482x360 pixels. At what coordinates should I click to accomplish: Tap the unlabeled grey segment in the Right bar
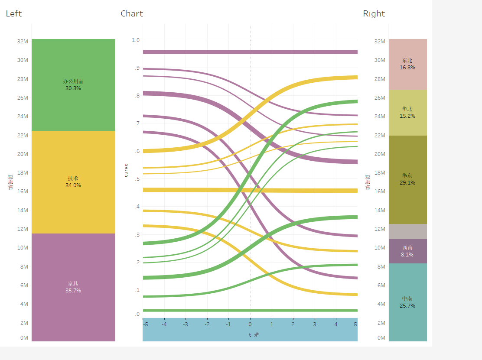tap(407, 231)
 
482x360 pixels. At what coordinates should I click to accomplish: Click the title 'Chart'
tap(132, 14)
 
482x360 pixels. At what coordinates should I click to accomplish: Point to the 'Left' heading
tap(13, 14)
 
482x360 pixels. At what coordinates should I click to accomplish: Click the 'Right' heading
tap(374, 14)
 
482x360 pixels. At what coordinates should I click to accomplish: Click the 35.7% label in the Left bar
tap(73, 291)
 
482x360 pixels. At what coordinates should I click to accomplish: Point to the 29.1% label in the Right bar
tap(407, 183)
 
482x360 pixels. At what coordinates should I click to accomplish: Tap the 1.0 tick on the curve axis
tap(136, 40)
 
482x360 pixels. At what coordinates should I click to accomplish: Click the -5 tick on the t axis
tap(146, 324)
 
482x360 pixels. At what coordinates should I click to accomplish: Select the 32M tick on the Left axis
tap(23, 42)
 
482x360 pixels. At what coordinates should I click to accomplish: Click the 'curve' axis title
tap(126, 170)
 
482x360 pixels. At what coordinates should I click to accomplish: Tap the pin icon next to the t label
tap(257, 334)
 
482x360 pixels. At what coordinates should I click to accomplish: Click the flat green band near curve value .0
tap(250, 310)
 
